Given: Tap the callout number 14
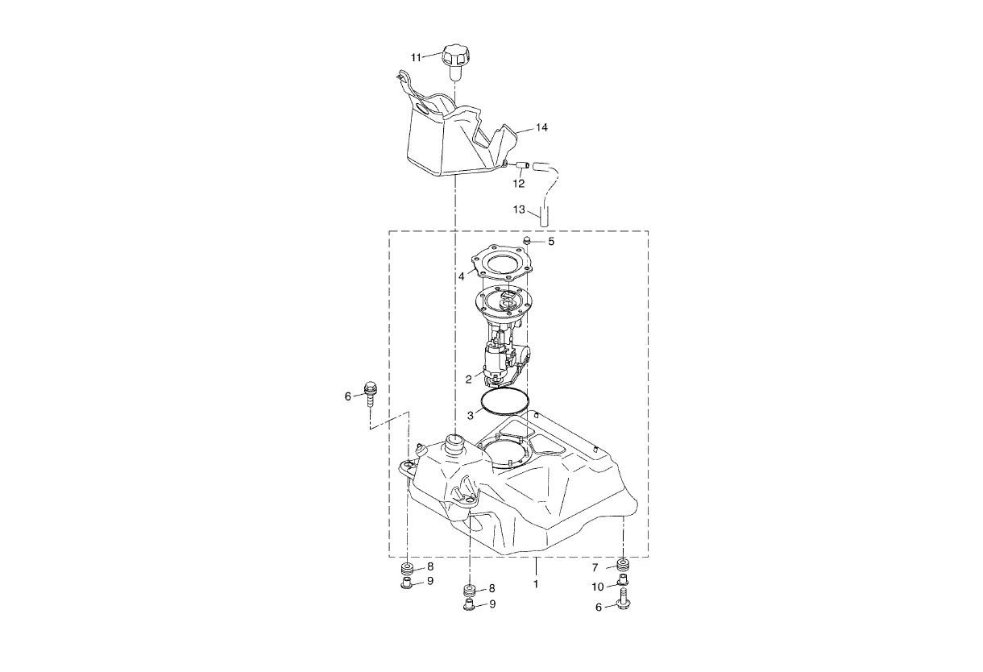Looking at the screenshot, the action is (x=541, y=127).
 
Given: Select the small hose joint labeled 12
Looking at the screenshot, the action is (x=521, y=165).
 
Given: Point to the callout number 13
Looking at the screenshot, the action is (x=519, y=209).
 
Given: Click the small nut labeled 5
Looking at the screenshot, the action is (x=528, y=240).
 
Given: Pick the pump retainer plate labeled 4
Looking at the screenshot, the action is (x=503, y=263).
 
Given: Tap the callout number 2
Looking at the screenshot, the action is (x=469, y=380).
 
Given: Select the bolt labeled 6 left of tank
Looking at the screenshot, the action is (x=371, y=394).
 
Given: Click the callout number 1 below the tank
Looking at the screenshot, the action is (x=535, y=584).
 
